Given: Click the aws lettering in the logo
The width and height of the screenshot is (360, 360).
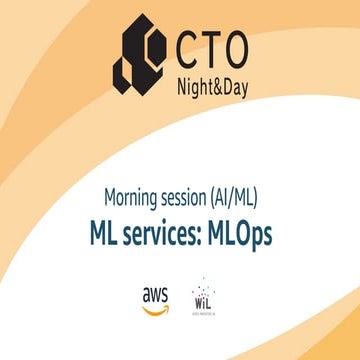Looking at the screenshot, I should point(155,294).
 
